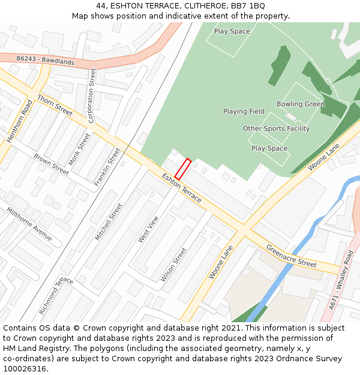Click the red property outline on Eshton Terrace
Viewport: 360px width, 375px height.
pyautogui.click(x=183, y=169)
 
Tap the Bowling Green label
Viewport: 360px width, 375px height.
pyautogui.click(x=300, y=104)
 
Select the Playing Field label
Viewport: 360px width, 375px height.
pyautogui.click(x=244, y=112)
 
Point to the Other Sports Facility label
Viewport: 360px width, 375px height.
pyautogui.click(x=276, y=128)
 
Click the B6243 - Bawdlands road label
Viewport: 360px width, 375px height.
pyautogui.click(x=45, y=61)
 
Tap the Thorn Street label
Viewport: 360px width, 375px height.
pyautogui.click(x=55, y=105)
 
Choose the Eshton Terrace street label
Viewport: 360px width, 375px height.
pyautogui.click(x=182, y=187)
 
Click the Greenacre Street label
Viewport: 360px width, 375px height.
pyautogui.click(x=291, y=256)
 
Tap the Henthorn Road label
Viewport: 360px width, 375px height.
pyautogui.click(x=19, y=122)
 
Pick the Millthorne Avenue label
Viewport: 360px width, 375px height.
pyautogui.click(x=29, y=224)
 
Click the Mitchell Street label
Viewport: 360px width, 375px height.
pyautogui.click(x=109, y=221)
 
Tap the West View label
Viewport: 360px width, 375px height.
pyautogui.click(x=148, y=229)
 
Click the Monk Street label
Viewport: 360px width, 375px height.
pyautogui.click(x=79, y=149)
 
